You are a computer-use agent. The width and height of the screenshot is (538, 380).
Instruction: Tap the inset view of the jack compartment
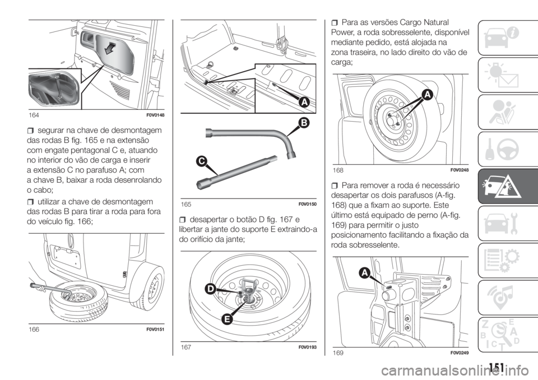click(x=52, y=89)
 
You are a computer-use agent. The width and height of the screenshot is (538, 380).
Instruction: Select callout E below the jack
click(x=228, y=319)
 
